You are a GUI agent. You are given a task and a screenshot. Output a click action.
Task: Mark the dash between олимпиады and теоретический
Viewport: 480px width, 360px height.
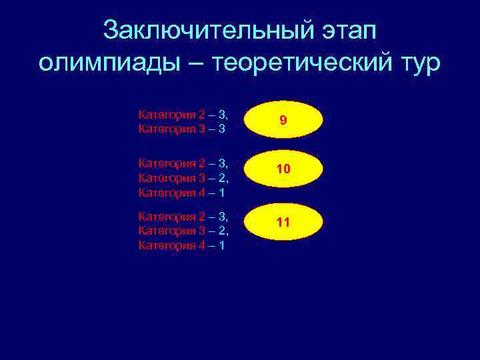[x=197, y=63]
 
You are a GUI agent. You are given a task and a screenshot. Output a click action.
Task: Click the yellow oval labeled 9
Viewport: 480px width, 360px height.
[x=283, y=121]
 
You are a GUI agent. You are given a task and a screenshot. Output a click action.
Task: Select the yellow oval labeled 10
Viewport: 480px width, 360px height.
[x=283, y=169]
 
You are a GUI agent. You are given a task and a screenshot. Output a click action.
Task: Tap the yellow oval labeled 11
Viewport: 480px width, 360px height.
[x=283, y=222]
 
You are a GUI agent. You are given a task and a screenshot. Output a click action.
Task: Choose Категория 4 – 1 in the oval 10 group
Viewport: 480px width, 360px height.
[x=181, y=192]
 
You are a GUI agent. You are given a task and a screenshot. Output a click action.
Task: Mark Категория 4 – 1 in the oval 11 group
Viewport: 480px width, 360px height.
[x=181, y=245]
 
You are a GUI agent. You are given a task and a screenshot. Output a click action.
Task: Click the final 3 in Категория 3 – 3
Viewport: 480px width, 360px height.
[x=221, y=128]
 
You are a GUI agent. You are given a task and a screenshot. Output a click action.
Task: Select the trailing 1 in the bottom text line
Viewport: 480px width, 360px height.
[x=221, y=245]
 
